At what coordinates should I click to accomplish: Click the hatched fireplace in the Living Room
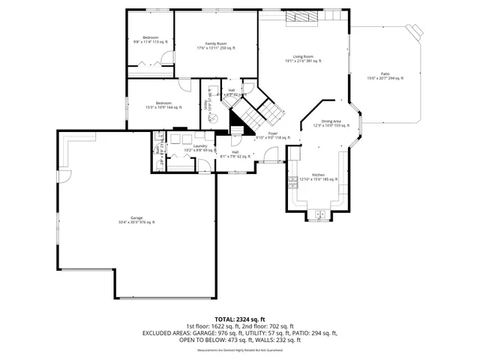(x=303, y=17)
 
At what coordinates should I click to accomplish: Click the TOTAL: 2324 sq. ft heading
(x=239, y=319)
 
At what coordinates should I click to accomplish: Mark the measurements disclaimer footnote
(x=239, y=349)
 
